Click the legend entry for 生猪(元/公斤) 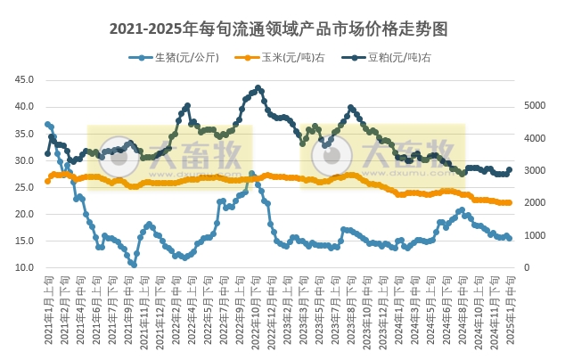click(175, 58)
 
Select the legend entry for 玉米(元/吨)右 click(277, 58)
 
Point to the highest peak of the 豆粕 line click(258, 88)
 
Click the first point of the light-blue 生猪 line click(47, 124)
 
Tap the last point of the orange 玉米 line click(509, 203)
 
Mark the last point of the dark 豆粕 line click(509, 169)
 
